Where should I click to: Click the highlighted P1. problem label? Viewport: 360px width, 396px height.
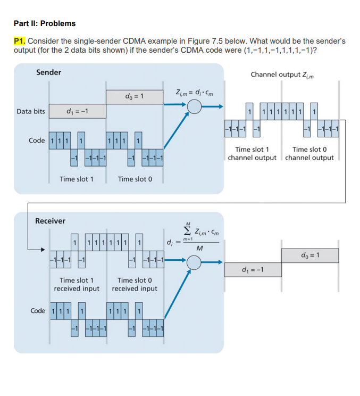[x=20, y=40]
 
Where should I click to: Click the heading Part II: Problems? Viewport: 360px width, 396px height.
[x=45, y=23]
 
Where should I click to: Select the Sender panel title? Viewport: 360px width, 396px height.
[x=48, y=72]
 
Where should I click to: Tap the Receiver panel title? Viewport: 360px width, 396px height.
[x=50, y=220]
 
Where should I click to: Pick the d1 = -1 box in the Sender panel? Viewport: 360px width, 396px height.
[x=77, y=111]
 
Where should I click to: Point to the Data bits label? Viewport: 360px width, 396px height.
[x=31, y=111]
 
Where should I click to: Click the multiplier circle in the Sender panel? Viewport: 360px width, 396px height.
[x=195, y=106]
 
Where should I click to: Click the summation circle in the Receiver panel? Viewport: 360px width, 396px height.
[x=195, y=261]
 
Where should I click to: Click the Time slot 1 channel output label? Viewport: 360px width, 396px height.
[x=252, y=154]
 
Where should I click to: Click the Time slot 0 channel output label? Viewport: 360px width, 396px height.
[x=309, y=154]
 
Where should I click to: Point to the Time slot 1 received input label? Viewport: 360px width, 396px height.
[x=77, y=284]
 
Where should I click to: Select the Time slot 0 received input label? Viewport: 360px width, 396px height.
[x=135, y=284]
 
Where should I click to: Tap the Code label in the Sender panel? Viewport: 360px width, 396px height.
[x=37, y=140]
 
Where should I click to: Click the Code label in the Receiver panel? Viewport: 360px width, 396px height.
[x=38, y=311]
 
